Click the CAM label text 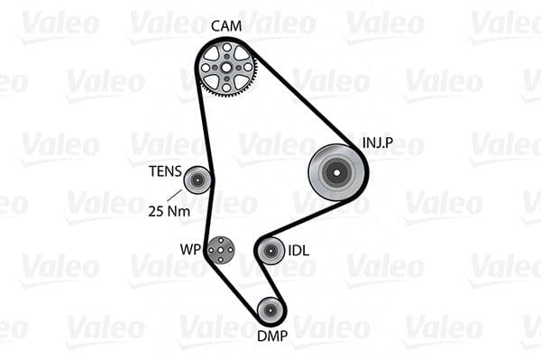point(226,25)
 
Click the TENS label point(165,171)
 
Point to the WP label point(188,247)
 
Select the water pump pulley point(219,248)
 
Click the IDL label point(298,250)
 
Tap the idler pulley point(270,250)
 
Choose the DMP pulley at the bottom point(270,310)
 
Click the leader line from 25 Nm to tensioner point(176,196)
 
